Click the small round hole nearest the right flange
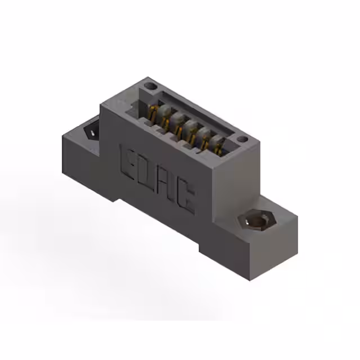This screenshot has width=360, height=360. pyautogui.click(x=241, y=139)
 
